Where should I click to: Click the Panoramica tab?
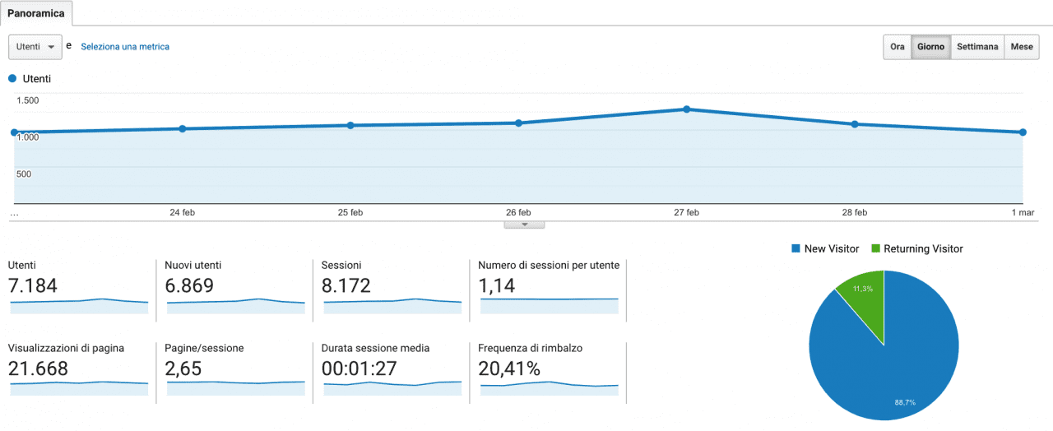click(36, 13)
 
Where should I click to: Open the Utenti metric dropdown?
click(35, 47)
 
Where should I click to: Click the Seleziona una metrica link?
click(125, 47)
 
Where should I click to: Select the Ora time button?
click(897, 47)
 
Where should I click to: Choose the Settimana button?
click(977, 47)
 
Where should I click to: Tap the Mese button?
click(1022, 47)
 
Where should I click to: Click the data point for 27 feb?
click(687, 109)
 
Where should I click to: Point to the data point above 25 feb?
click(350, 125)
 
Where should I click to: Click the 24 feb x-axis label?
click(182, 212)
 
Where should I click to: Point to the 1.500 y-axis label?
click(27, 100)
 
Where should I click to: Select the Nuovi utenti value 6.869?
click(189, 285)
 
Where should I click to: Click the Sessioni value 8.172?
click(346, 285)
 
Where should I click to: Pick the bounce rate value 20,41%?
click(509, 368)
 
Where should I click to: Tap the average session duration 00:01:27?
click(359, 368)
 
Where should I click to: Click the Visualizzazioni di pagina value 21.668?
click(39, 368)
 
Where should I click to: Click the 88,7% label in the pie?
click(905, 402)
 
